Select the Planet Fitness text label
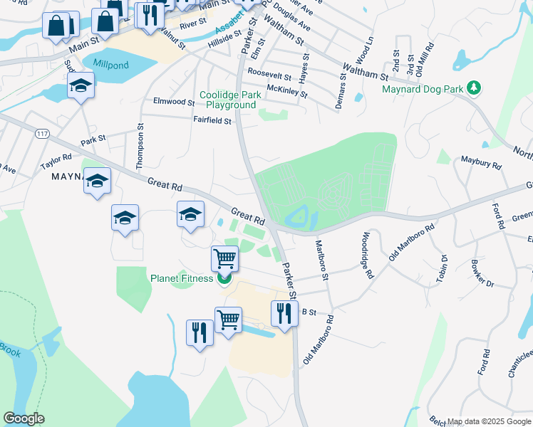[x=182, y=278]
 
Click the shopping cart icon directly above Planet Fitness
[x=225, y=259]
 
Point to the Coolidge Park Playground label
[x=227, y=100]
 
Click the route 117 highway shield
[x=41, y=132]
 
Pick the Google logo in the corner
[x=24, y=418]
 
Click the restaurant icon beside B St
[x=284, y=313]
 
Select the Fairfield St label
[x=212, y=121]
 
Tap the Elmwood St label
[x=174, y=102]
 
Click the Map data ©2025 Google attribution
[x=489, y=421]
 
